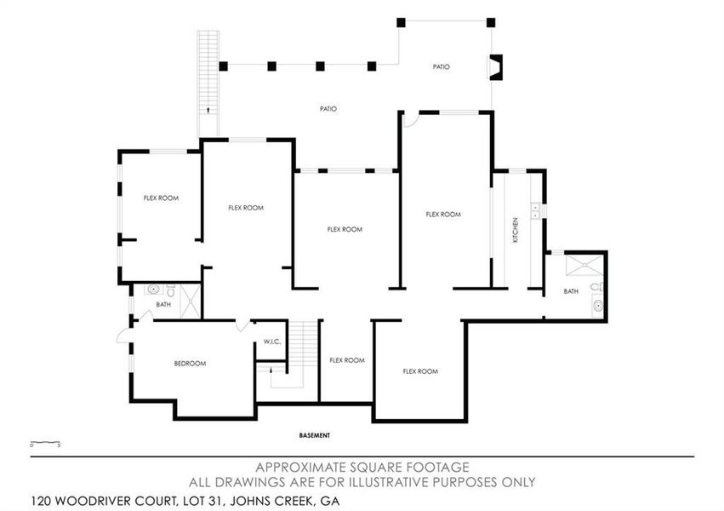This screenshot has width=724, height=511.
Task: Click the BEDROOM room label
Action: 191,364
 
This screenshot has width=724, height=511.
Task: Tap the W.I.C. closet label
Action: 272,342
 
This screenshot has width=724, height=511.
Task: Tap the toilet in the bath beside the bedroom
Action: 170,289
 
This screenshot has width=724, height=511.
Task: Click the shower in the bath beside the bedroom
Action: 191,301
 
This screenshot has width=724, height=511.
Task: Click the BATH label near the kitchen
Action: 571,292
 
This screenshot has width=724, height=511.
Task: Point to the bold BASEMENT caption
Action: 314,435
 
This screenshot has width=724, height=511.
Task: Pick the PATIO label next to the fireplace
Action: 441,66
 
